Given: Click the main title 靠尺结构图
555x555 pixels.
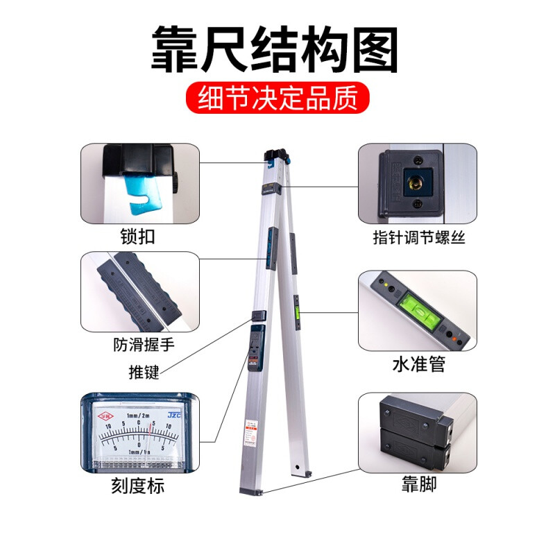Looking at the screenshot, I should [276, 51].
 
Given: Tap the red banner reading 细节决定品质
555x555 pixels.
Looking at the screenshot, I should [277, 99].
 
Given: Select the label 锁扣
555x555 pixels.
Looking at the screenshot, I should [137, 237].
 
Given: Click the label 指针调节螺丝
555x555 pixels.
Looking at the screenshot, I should [418, 238].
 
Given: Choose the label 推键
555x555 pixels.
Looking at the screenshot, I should [144, 372].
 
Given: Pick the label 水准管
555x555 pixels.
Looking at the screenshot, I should [418, 365].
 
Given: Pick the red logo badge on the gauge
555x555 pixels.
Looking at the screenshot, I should [105, 416].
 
